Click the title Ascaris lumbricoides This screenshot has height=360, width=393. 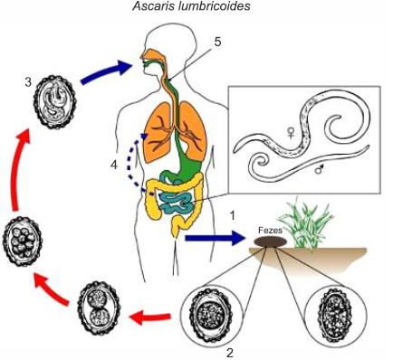(x=191, y=6)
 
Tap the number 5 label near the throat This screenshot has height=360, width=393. (x=217, y=42)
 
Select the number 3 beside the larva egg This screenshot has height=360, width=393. (x=28, y=82)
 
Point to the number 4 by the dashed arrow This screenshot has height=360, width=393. (x=114, y=166)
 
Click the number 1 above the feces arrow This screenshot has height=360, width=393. (x=232, y=216)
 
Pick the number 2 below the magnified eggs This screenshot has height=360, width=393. (x=230, y=353)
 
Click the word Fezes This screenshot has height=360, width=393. (x=271, y=231)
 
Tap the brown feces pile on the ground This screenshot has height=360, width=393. (x=270, y=242)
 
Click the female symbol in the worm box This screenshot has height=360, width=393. (x=291, y=133)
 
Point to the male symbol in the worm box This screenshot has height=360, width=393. (x=319, y=169)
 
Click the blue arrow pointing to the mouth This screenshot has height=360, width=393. (x=106, y=72)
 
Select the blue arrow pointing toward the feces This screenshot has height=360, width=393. (x=215, y=238)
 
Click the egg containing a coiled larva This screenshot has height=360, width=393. (x=54, y=102)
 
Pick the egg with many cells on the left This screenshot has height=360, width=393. (x=23, y=242)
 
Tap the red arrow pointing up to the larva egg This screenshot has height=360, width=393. (x=19, y=169)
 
